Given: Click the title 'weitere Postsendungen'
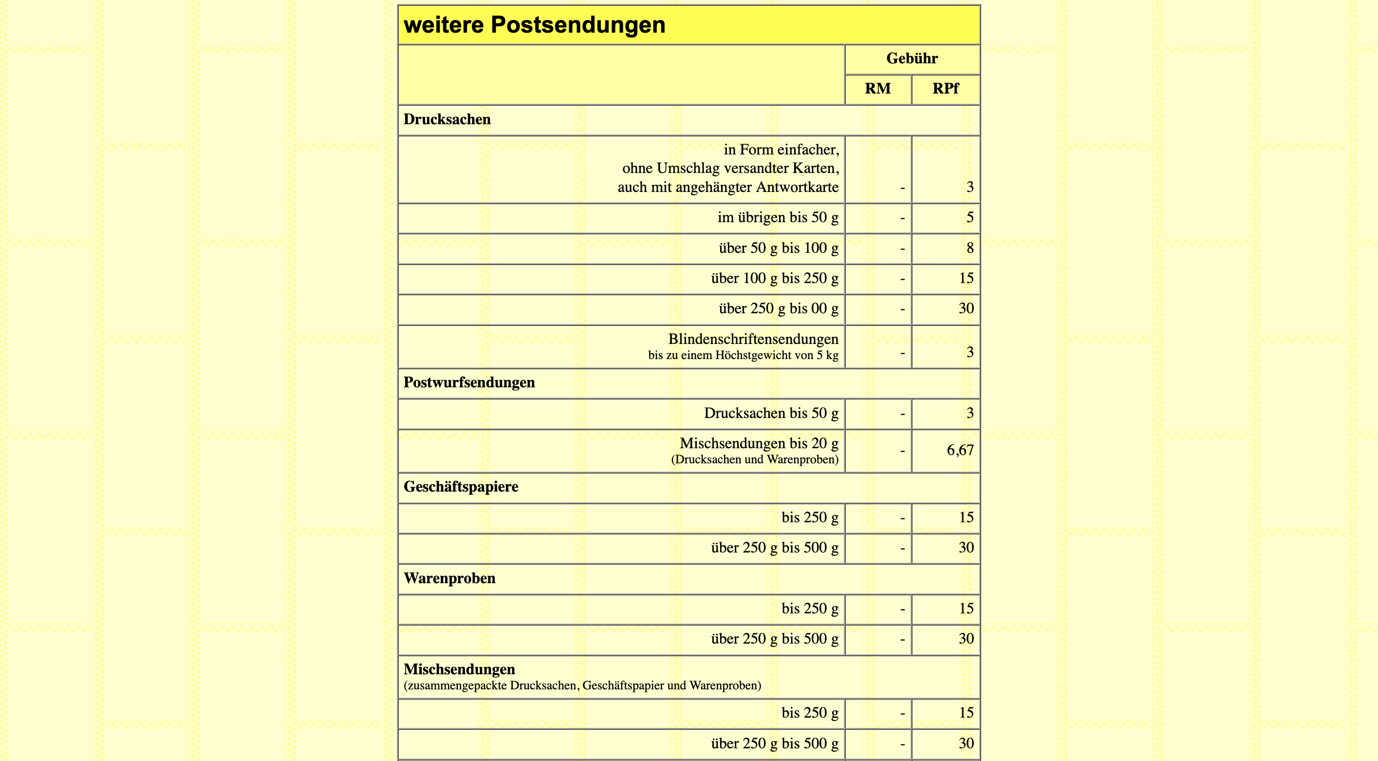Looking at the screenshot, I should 535,25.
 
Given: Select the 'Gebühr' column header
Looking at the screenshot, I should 912,58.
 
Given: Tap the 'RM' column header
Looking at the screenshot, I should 877,89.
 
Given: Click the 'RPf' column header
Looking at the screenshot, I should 945,89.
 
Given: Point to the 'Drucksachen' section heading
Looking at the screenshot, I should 447,119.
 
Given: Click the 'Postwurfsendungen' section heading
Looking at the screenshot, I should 468,382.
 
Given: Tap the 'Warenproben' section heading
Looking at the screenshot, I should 449,578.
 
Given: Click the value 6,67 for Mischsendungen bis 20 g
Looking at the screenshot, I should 960,450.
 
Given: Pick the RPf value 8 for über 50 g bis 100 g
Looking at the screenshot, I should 969,248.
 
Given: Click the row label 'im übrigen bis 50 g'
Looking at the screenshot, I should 777,218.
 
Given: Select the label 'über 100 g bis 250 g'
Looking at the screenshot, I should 774,278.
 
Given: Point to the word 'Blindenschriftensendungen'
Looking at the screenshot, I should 753,339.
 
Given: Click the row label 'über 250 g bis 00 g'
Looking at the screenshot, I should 778,309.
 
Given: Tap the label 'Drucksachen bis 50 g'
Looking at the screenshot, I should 770,413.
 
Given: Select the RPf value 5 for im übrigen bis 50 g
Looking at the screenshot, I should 969,218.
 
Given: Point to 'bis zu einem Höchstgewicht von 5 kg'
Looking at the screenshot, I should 743,355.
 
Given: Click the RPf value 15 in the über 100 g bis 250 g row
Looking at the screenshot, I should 966,278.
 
